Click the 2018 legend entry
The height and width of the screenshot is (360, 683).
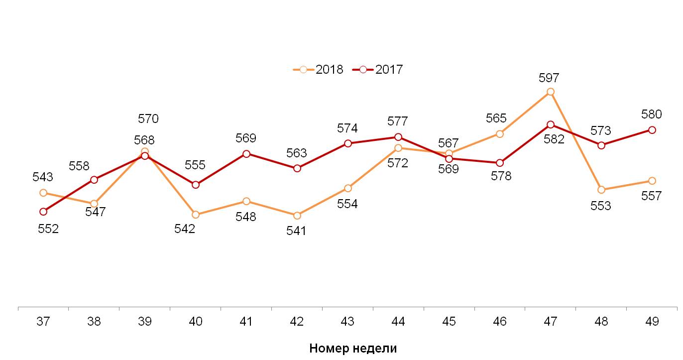click(x=319, y=70)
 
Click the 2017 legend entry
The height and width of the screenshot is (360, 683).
click(x=378, y=70)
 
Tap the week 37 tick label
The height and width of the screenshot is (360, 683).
click(x=43, y=322)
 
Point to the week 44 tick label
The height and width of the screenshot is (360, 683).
click(x=398, y=322)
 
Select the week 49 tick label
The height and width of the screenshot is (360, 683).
click(x=652, y=322)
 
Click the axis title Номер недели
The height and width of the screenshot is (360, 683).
click(x=353, y=348)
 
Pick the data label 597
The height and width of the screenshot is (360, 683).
click(x=549, y=78)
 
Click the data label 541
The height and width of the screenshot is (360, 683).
click(x=297, y=231)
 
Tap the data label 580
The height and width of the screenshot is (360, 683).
click(x=652, y=115)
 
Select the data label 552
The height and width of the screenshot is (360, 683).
click(x=48, y=229)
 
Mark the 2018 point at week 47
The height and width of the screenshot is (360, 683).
click(x=551, y=92)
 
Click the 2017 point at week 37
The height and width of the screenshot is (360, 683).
click(x=43, y=212)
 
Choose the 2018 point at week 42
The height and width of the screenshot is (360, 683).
click(x=297, y=216)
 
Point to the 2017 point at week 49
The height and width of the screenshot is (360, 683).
click(x=652, y=130)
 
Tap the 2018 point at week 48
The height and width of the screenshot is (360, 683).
click(x=601, y=190)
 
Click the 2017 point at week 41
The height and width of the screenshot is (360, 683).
click(x=246, y=154)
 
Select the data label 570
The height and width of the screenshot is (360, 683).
click(x=148, y=119)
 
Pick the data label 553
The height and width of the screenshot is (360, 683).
click(x=600, y=206)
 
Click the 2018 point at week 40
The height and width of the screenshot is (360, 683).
click(x=196, y=215)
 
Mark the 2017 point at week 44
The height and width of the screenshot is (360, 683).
click(x=398, y=137)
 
